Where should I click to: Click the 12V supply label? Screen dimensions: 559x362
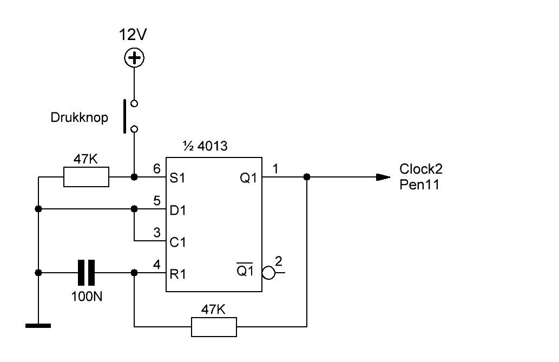pos(133,35)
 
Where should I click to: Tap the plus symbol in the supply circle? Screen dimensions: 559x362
pos(134,58)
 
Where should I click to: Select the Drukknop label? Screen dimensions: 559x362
pos(79,117)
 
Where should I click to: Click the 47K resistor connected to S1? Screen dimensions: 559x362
pos(86,177)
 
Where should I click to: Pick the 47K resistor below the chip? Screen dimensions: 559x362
pos(214,327)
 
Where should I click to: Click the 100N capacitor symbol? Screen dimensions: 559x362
pos(86,273)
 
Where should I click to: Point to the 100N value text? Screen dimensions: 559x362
pos(87,297)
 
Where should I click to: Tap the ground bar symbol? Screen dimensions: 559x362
pos(38,326)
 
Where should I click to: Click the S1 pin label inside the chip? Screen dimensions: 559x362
pos(177,177)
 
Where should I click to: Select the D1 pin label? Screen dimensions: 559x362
pos(177,210)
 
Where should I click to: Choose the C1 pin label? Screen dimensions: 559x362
pos(177,242)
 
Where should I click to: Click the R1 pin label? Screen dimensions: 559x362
pos(177,274)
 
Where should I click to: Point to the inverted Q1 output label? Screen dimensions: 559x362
pos(245,270)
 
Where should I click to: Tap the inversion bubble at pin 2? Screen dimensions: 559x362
pos(268,273)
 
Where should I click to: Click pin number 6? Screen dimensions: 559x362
pos(157,169)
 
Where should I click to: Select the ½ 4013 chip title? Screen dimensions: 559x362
pos(205,146)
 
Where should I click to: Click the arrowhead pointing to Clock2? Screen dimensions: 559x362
pos(383,177)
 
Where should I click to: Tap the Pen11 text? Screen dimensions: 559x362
pos(419,185)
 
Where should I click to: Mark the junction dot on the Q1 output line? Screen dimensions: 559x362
pos(307,177)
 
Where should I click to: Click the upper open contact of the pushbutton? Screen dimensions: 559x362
pos(134,104)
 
